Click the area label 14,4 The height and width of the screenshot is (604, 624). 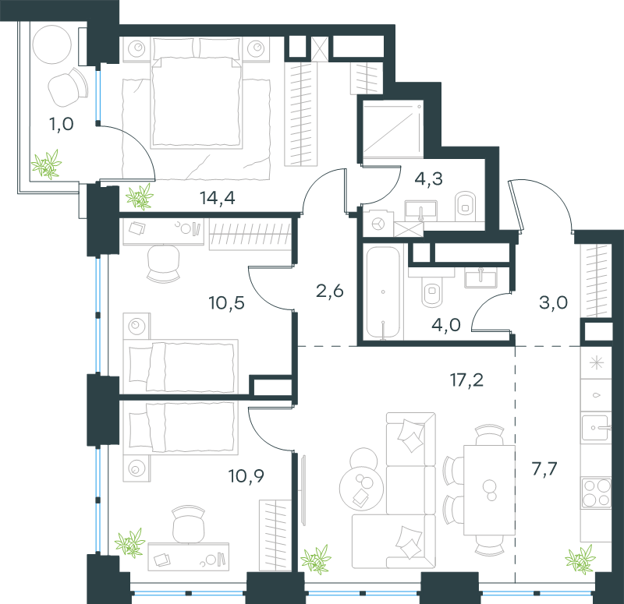click(217, 197)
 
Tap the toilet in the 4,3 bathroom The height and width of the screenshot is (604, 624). click(466, 204)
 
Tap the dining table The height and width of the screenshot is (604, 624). click(489, 489)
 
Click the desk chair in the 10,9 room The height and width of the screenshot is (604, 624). click(187, 521)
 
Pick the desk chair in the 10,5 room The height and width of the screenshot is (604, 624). click(162, 263)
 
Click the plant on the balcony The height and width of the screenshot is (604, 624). click(46, 165)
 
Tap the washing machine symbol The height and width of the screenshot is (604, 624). click(378, 224)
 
